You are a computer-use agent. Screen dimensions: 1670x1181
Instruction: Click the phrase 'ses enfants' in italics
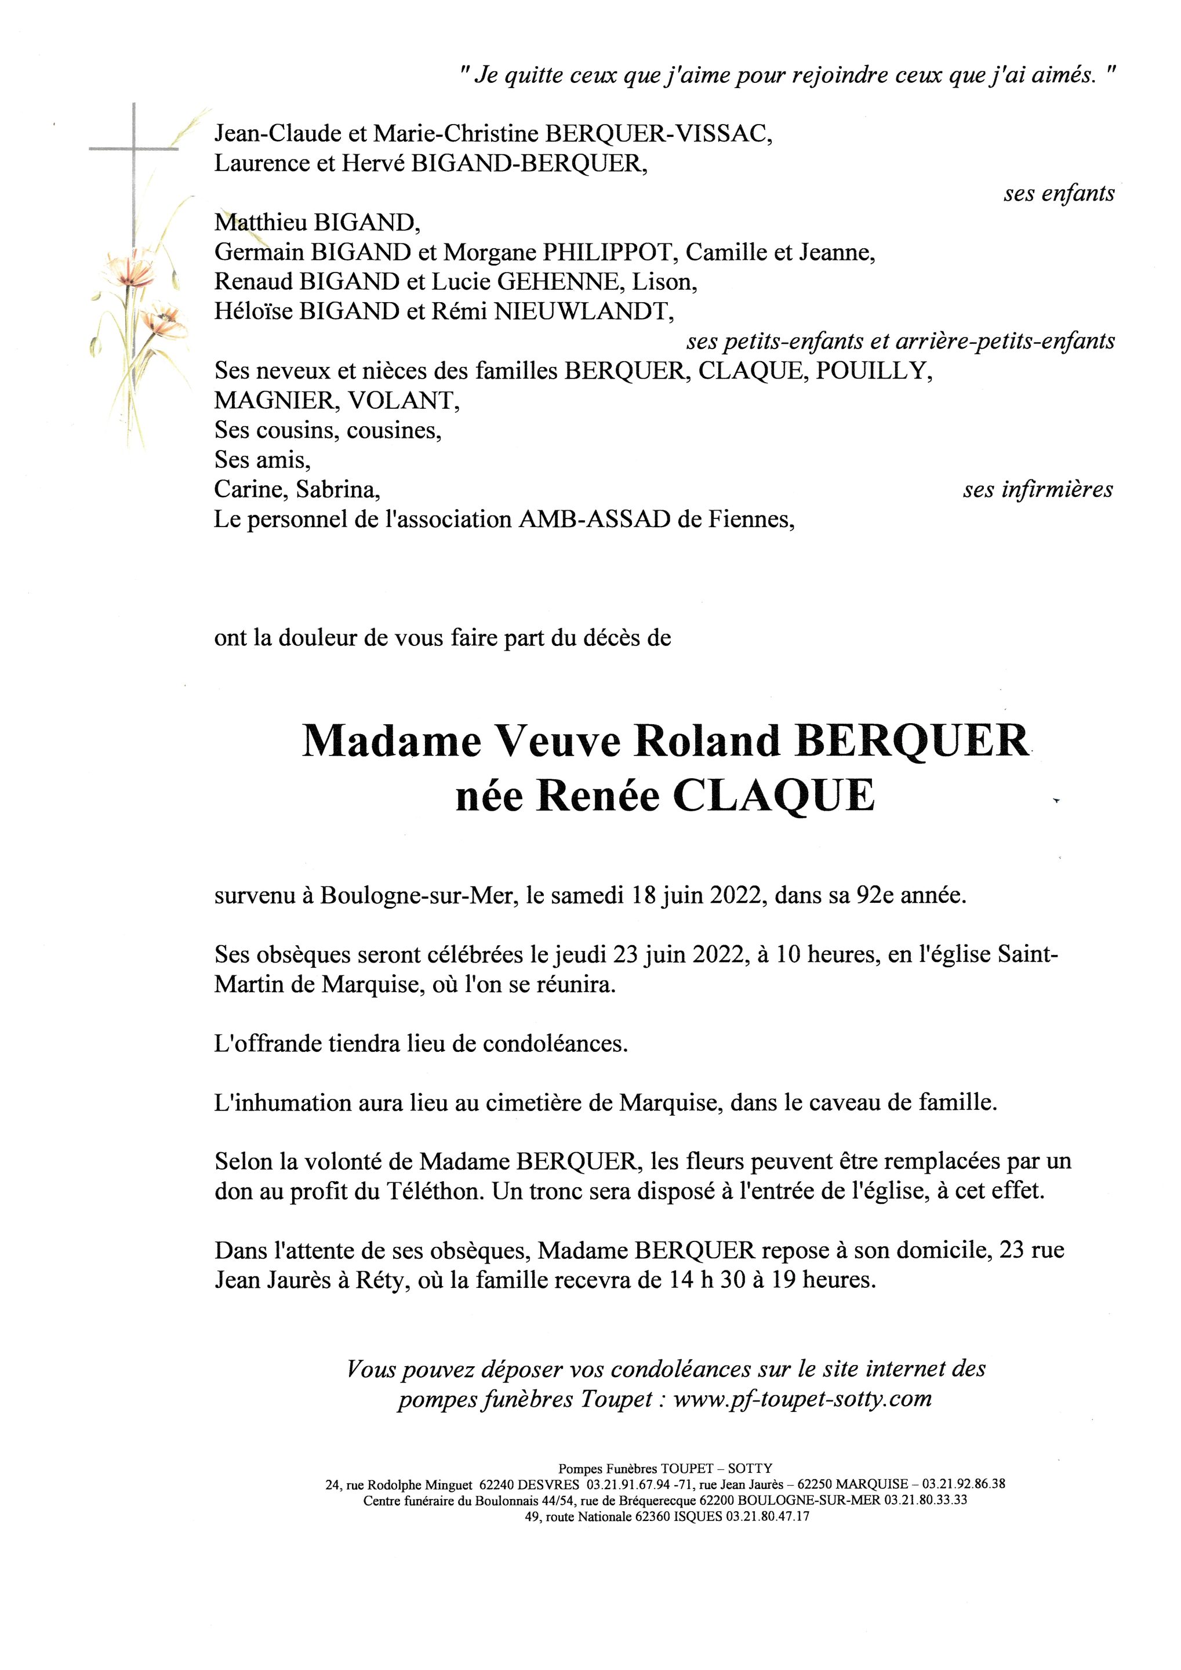(x=1058, y=194)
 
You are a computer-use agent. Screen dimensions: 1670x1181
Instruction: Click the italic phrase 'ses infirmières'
(x=1038, y=489)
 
